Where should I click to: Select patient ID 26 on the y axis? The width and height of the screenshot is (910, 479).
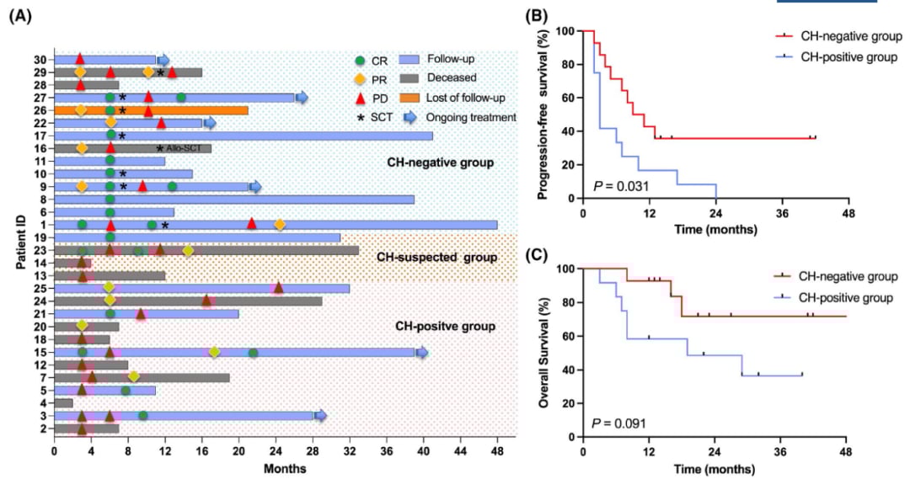coord(40,110)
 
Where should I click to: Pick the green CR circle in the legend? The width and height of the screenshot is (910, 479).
coord(360,60)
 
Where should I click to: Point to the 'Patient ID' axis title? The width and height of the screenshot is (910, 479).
coord(19,245)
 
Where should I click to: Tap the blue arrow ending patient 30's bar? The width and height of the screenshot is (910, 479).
coord(163,59)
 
